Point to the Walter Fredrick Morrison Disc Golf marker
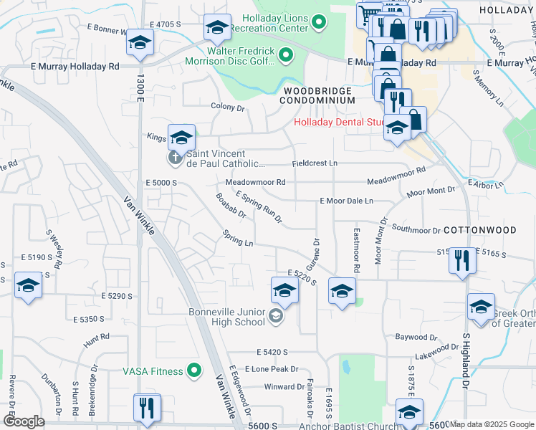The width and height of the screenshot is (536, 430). click(285, 55)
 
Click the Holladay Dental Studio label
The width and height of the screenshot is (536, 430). click(340, 123)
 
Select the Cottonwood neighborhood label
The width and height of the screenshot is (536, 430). click(479, 230)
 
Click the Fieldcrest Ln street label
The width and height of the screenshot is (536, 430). click(314, 163)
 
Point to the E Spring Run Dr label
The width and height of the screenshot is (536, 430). click(259, 206)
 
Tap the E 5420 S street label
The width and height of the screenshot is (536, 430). click(272, 353)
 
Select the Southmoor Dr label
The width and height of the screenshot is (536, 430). click(416, 231)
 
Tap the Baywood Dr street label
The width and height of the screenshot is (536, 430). click(416, 337)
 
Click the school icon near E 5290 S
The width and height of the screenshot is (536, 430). click(29, 287)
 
